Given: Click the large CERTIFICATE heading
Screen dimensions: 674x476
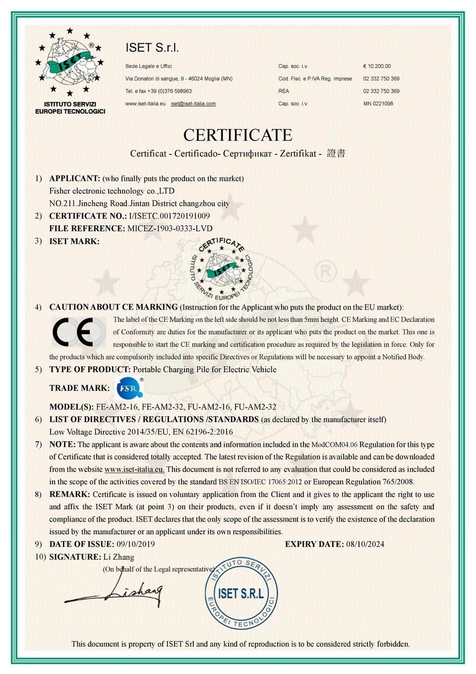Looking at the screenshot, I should click(x=238, y=135).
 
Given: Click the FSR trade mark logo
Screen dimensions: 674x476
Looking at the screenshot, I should click(x=129, y=388).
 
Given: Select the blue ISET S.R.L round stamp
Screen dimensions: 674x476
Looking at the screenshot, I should click(x=241, y=593).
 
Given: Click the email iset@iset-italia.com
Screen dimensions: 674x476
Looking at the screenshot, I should click(x=193, y=104).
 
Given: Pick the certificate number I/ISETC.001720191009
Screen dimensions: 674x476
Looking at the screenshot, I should click(x=169, y=216).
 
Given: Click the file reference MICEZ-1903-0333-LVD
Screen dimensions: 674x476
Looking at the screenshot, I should click(x=170, y=228).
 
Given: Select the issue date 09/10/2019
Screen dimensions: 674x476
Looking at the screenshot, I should click(x=135, y=544).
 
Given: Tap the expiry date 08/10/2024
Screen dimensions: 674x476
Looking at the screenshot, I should click(x=365, y=544).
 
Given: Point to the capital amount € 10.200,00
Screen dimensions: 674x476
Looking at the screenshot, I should click(x=377, y=66).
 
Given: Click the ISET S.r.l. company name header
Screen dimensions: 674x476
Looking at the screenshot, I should click(x=152, y=48).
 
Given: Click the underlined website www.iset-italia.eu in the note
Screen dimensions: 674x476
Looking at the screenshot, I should click(x=134, y=469).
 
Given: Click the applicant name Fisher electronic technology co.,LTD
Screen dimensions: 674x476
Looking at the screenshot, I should click(x=112, y=191).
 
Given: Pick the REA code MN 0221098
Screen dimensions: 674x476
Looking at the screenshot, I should click(x=378, y=104).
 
